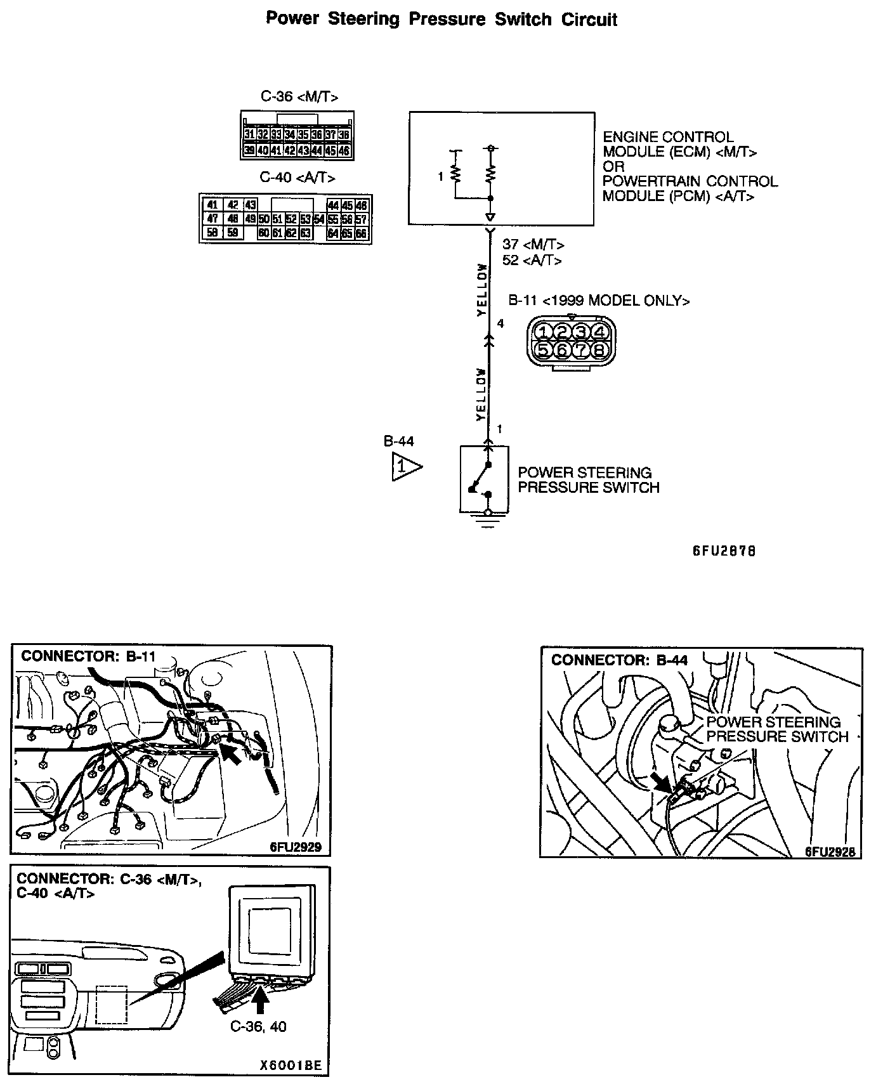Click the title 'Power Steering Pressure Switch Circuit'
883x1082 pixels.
442,19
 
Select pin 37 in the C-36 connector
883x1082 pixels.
330,135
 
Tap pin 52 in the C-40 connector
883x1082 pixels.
291,219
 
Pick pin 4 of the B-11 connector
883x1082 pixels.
599,332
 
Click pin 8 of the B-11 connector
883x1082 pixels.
599,349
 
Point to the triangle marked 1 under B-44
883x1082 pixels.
404,467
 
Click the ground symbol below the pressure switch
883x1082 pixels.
487,525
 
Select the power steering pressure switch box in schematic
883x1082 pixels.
484,479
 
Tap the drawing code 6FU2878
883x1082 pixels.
724,551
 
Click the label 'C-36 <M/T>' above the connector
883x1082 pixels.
299,97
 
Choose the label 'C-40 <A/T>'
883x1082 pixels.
298,178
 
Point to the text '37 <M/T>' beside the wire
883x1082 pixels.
533,245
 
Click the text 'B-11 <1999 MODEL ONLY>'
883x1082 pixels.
599,301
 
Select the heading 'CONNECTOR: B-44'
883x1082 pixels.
619,660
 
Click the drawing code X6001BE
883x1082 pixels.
290,1066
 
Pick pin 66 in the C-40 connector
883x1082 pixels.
361,233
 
